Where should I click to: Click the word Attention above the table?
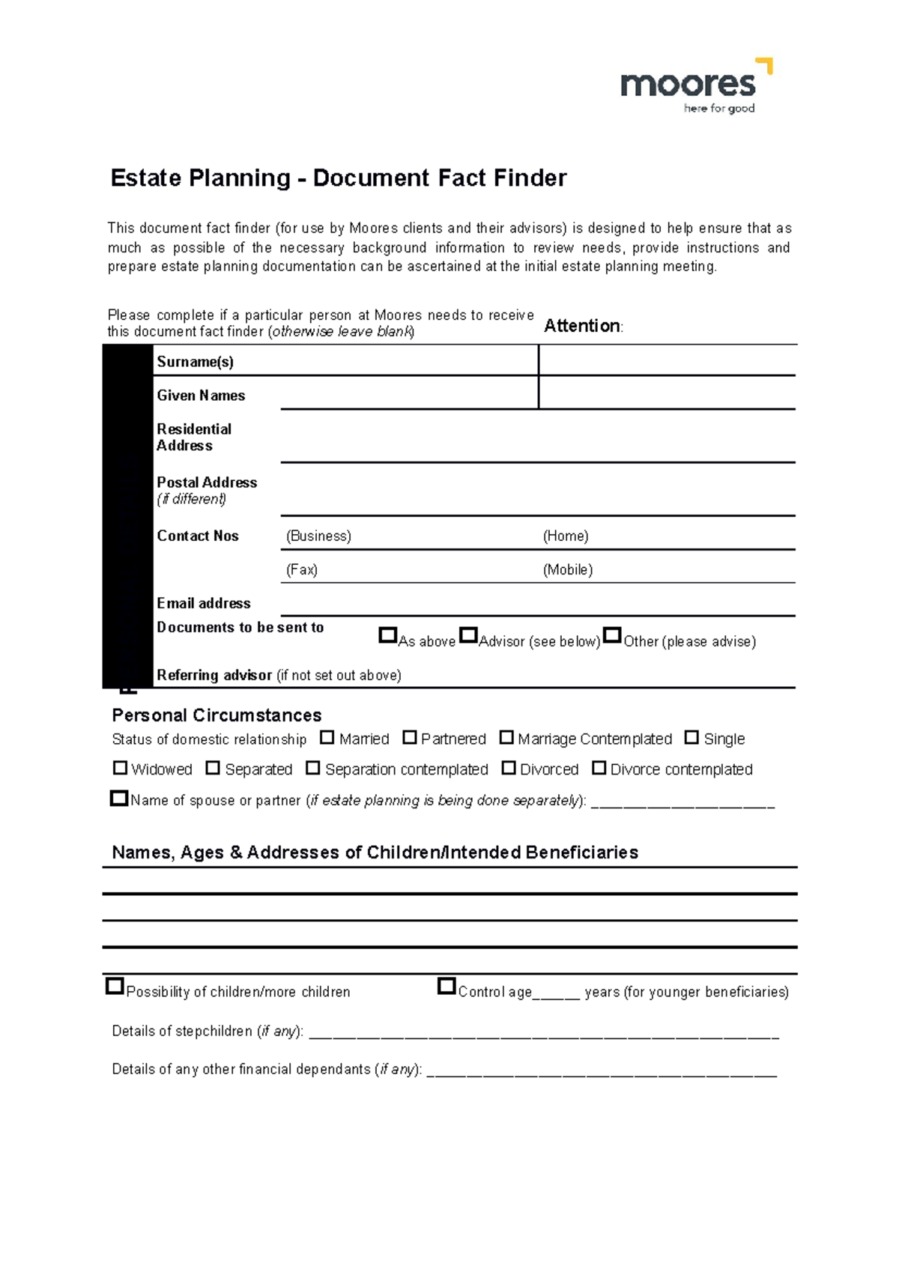tap(581, 326)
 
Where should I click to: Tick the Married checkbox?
tap(327, 738)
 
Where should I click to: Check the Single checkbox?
tap(691, 738)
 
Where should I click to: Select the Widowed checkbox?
tap(120, 768)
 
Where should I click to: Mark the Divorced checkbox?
tap(509, 768)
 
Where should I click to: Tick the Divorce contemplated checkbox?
tap(599, 768)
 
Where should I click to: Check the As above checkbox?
tap(387, 635)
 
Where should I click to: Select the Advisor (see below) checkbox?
tap(468, 635)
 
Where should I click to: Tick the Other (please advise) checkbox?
tap(612, 635)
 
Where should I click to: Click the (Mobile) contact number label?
tap(567, 570)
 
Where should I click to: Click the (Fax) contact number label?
tap(301, 570)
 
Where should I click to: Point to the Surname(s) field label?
tap(195, 362)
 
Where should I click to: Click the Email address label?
tap(203, 603)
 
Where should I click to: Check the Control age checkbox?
tap(447, 987)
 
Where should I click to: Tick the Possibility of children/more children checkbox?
tap(115, 987)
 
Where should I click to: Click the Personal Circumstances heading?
tap(217, 715)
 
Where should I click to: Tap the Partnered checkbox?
tap(409, 738)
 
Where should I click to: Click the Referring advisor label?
tap(214, 675)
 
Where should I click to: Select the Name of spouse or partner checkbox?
tap(119, 799)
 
